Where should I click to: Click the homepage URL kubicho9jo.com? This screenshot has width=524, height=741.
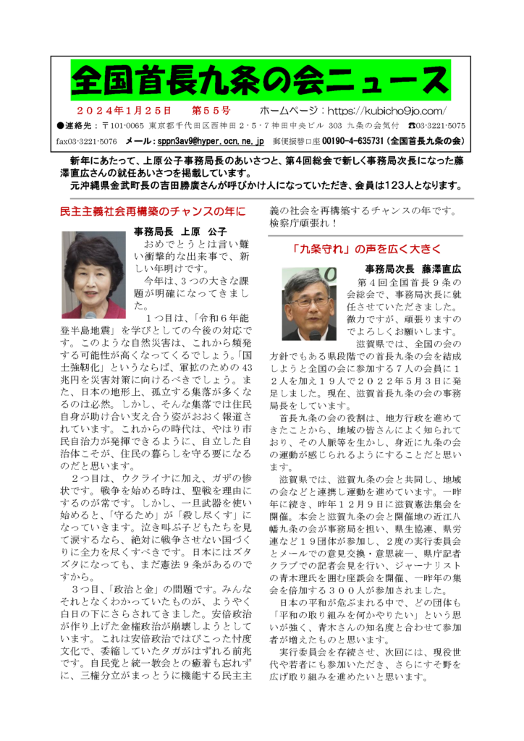click(x=387, y=111)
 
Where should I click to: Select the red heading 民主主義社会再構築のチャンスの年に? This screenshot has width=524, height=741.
click(x=153, y=212)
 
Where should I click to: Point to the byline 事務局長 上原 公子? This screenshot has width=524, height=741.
click(x=180, y=232)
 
